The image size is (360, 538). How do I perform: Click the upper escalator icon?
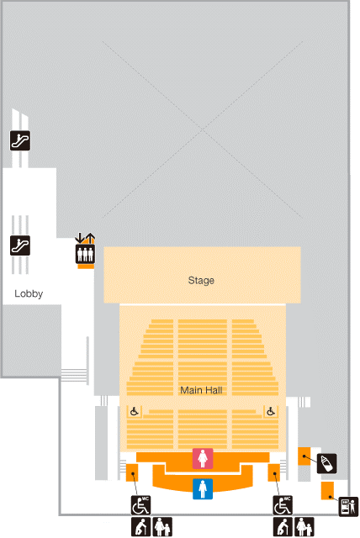coord(20,140)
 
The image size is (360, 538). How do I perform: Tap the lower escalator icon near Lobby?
coord(20,245)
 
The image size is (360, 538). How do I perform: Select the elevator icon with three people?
coord(85,254)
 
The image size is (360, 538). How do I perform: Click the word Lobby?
coord(29,293)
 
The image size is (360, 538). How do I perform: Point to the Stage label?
coord(201,280)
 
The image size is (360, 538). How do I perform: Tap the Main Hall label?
coord(201,390)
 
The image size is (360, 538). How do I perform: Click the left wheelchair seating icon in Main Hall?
coord(135,411)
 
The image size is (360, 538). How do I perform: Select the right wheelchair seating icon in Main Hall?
coord(271,411)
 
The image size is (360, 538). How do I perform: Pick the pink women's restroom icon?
coord(203,458)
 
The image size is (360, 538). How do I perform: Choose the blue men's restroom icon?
coord(203,489)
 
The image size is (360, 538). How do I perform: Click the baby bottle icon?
coord(326,463)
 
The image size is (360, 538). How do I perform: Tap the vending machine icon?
coord(348,506)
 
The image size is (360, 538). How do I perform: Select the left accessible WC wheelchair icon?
coord(140,505)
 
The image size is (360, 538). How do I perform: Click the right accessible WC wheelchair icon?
coord(283,505)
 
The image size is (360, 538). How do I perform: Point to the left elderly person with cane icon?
coord(140,527)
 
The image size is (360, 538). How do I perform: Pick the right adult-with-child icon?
coord(304,527)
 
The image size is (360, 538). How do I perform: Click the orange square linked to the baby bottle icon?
coord(304,456)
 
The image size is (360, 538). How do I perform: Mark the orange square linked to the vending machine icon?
coord(327,491)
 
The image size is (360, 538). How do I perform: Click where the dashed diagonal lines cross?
coord(203,130)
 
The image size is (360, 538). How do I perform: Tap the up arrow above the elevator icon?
coord(90,238)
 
